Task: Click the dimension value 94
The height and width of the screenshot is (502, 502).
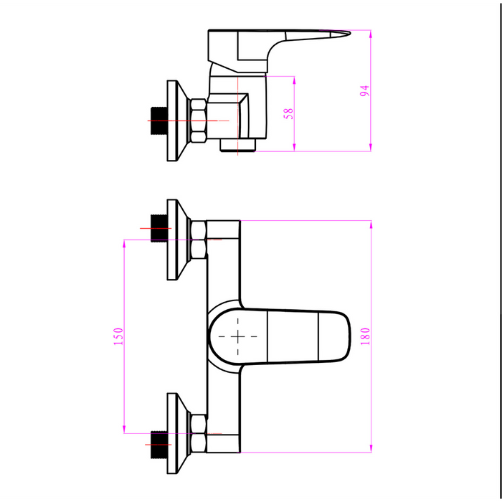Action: [x=364, y=90]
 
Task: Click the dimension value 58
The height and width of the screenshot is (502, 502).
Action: [x=288, y=113]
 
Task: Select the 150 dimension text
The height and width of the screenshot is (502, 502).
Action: [x=118, y=336]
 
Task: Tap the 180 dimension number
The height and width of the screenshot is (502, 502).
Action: [x=365, y=336]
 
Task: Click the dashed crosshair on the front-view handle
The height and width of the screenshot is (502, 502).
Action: [x=237, y=336]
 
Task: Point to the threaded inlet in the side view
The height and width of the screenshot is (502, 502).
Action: [x=158, y=120]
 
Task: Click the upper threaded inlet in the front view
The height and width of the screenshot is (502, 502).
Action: [x=158, y=228]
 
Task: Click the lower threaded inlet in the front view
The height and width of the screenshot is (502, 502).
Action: [x=158, y=445]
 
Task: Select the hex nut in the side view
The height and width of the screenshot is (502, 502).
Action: [x=198, y=120]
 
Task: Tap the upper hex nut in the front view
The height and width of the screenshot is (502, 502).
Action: [x=199, y=240]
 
